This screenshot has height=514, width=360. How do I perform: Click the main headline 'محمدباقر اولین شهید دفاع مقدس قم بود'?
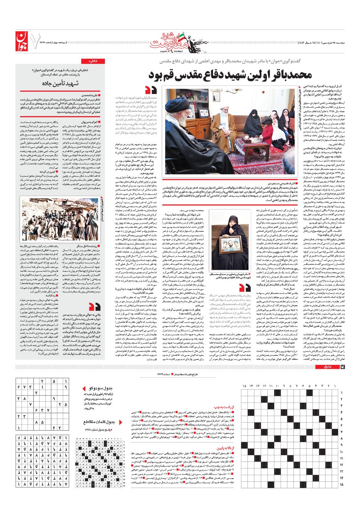point(230,75)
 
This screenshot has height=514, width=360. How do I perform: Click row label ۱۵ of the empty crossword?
point(341,484)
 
